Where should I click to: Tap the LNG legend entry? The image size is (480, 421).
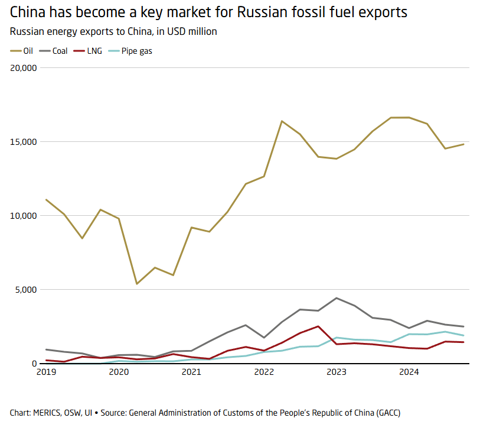pyautogui.click(x=93, y=51)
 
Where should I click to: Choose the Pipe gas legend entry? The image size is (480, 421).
pyautogui.click(x=136, y=51)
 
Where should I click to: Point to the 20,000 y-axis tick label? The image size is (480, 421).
pyautogui.click(x=24, y=67)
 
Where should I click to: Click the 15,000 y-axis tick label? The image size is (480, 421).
pyautogui.click(x=24, y=142)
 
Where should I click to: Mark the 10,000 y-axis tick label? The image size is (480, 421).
pyautogui.click(x=24, y=216)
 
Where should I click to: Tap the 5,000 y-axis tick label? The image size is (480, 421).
pyautogui.click(x=26, y=290)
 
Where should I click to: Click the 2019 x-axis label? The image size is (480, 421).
pyautogui.click(x=46, y=372)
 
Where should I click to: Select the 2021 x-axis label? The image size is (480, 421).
pyautogui.click(x=191, y=372)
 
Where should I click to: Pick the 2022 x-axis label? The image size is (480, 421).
pyautogui.click(x=264, y=372)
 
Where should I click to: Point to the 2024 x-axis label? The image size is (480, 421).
pyautogui.click(x=409, y=372)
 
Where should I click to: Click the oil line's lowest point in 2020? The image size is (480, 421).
pyautogui.click(x=137, y=284)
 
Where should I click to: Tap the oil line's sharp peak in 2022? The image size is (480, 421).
pyautogui.click(x=282, y=121)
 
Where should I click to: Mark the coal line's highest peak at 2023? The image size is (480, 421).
pyautogui.click(x=337, y=298)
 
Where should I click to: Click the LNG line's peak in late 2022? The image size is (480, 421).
pyautogui.click(x=318, y=326)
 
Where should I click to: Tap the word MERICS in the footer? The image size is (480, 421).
pyautogui.click(x=48, y=412)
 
